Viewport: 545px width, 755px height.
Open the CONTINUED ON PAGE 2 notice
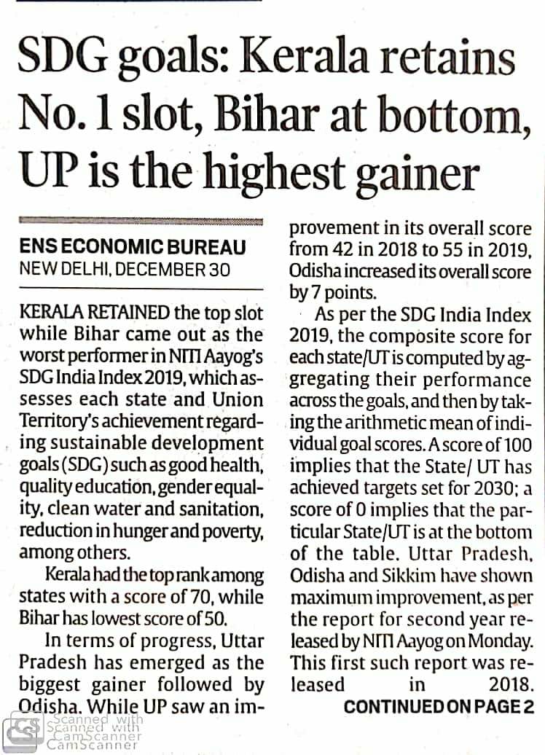pyautogui.click(x=439, y=706)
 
